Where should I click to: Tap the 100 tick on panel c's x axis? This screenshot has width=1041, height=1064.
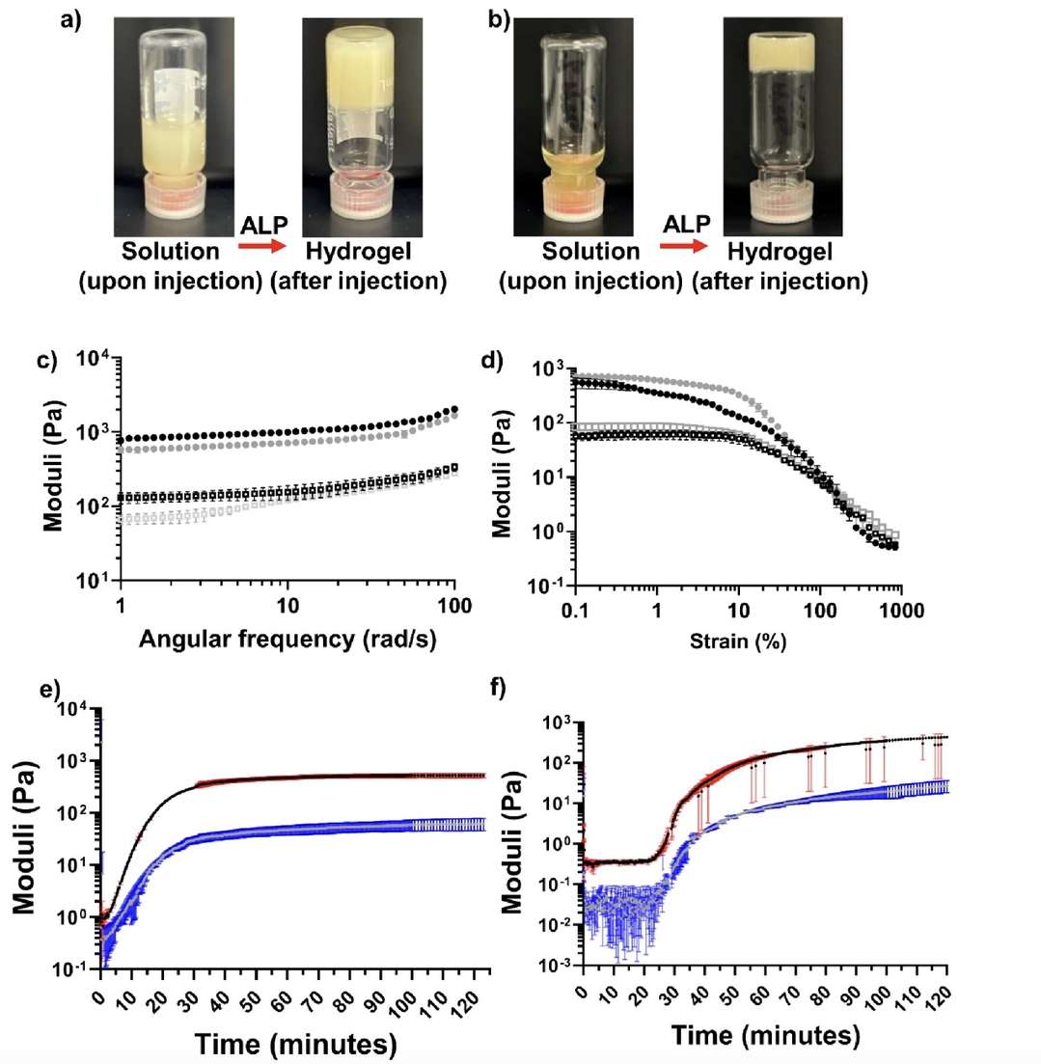tap(454, 608)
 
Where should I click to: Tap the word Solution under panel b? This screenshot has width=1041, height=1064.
tap(590, 253)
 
